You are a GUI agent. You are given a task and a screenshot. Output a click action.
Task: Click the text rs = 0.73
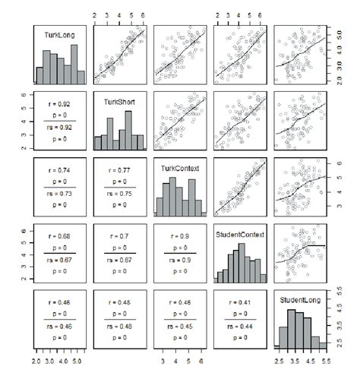55,195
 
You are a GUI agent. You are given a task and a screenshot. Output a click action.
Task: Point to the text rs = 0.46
55,327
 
